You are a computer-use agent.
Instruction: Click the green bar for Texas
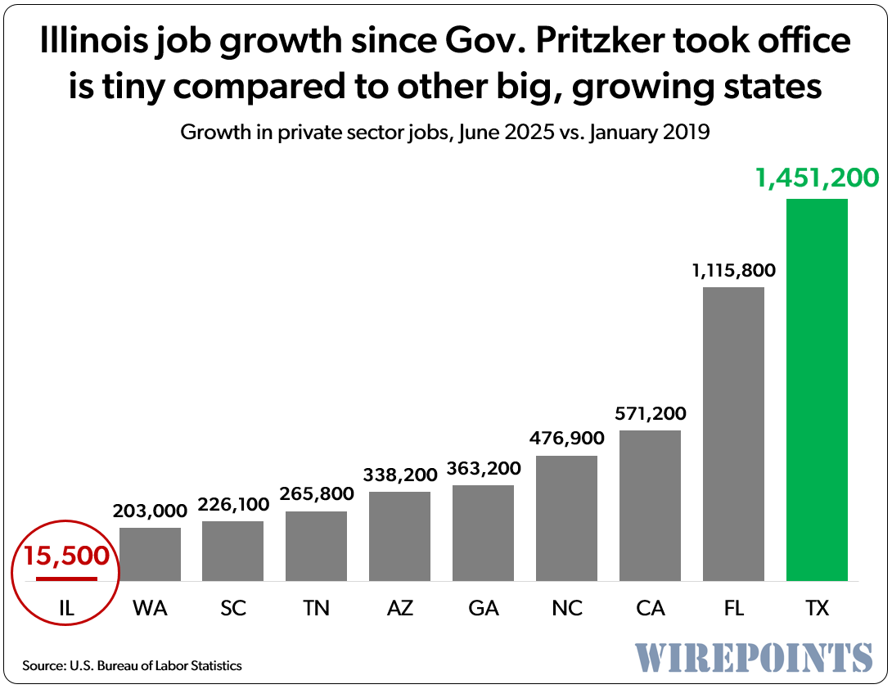pos(816,390)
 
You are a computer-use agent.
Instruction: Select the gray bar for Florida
pos(733,434)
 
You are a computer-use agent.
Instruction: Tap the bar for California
pos(650,505)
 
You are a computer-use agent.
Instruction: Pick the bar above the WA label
pos(151,554)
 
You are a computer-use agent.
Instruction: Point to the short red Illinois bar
pos(66,579)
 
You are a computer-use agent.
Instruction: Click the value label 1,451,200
pos(816,178)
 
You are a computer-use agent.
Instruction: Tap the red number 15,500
pos(66,556)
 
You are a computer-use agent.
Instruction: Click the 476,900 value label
pos(566,437)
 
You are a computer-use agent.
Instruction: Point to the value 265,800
pos(316,493)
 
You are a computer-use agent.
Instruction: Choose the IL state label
pos(66,609)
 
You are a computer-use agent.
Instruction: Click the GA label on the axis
pos(483,609)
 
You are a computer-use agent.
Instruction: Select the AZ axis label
pos(399,609)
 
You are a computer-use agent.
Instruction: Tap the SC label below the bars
pos(233,609)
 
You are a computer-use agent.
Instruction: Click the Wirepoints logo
pos(754,657)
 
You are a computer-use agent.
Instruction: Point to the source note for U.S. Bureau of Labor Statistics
pos(132,666)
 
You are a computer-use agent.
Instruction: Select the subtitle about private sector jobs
pos(445,133)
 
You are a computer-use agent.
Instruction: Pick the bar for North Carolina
pos(566,518)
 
